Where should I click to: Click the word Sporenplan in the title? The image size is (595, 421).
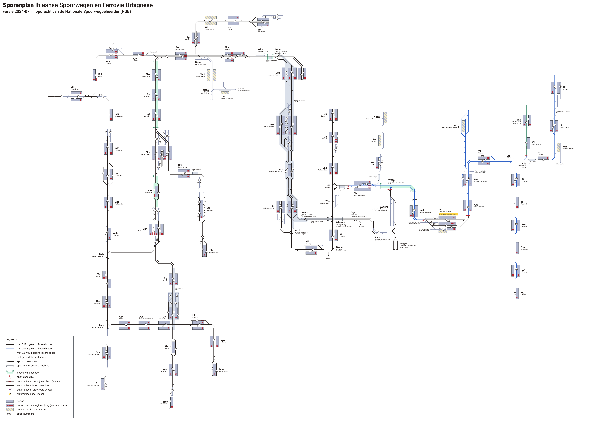pyautogui.click(x=18, y=5)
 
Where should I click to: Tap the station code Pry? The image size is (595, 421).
pyautogui.click(x=108, y=62)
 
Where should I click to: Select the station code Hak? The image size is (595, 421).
pyautogui.click(x=150, y=191)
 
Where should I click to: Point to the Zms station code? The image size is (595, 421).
pyautogui.click(x=165, y=402)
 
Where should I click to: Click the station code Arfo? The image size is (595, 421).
pyautogui.click(x=272, y=125)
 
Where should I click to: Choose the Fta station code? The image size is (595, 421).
pyautogui.click(x=522, y=293)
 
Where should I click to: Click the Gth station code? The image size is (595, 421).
pyautogui.click(x=211, y=250)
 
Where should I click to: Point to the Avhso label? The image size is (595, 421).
pyautogui.click(x=403, y=244)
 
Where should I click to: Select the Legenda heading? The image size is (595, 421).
pyautogui.click(x=11, y=339)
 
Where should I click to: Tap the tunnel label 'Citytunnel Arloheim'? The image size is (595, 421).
pyautogui.click(x=300, y=100)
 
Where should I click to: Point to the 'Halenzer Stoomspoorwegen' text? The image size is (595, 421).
pyautogui.click(x=244, y=90)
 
